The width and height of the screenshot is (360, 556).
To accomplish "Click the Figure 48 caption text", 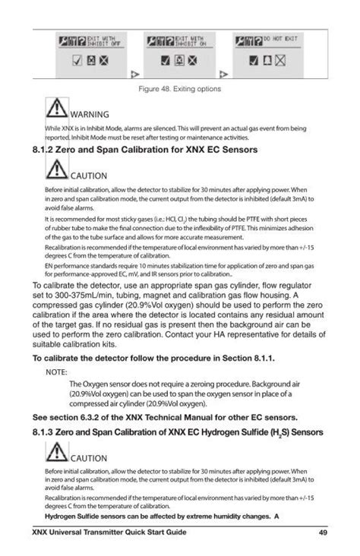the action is click(x=179, y=89).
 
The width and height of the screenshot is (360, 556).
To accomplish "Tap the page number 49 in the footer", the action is click(x=323, y=532).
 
